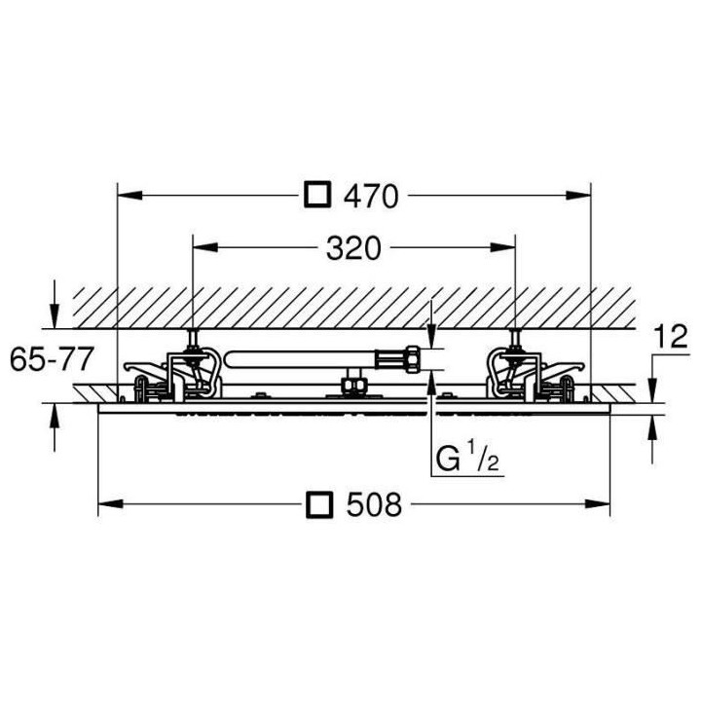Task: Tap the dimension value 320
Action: pos(352,250)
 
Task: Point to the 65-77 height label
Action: pos(51,359)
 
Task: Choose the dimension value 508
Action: pos(374,504)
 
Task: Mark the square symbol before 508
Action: pos(318,504)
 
